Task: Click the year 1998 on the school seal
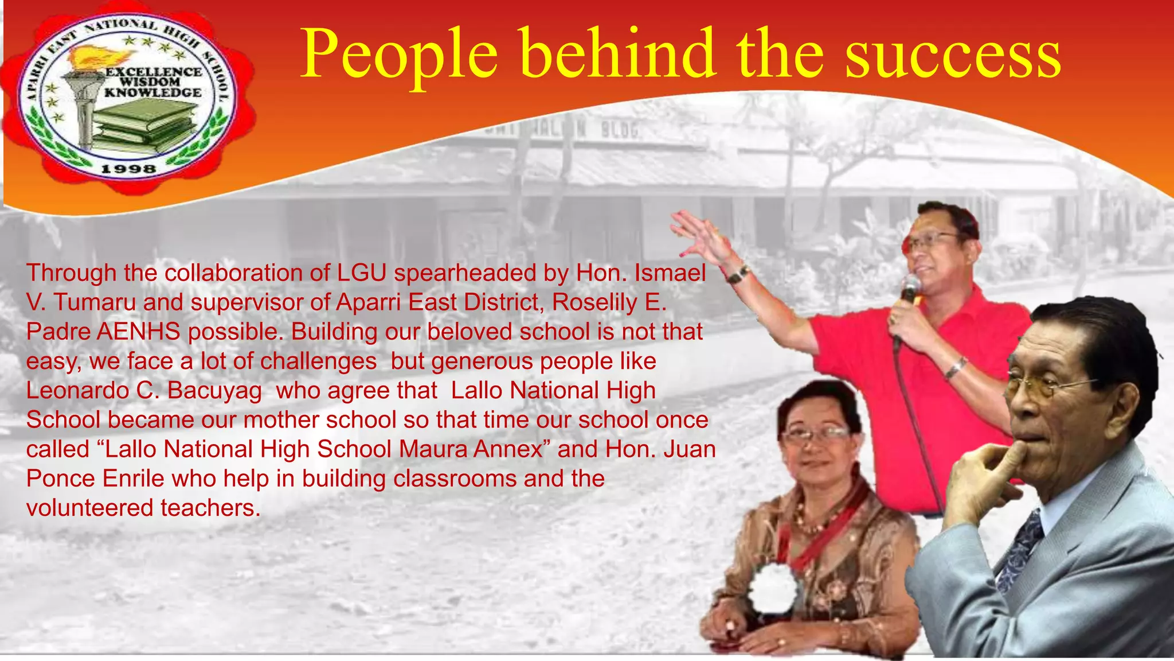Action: pos(128,169)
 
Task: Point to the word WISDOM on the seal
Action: pos(150,82)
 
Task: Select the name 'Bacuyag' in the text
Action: pos(214,391)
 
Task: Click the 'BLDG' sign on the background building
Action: pos(619,131)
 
